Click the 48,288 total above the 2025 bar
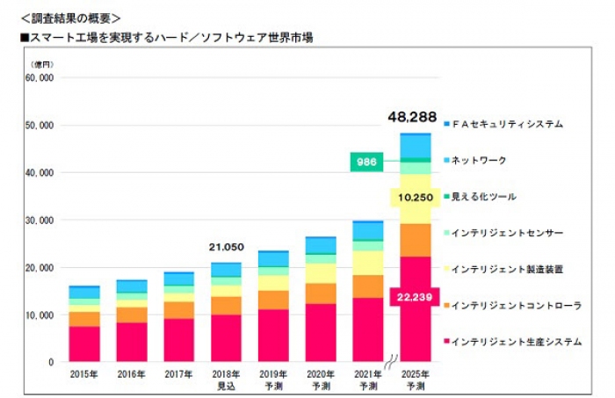click(x=412, y=117)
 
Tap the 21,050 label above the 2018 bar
click(x=227, y=248)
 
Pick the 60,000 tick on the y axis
click(x=40, y=78)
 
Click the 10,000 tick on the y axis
click(x=40, y=315)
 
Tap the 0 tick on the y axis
click(x=52, y=361)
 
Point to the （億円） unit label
click(x=42, y=64)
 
